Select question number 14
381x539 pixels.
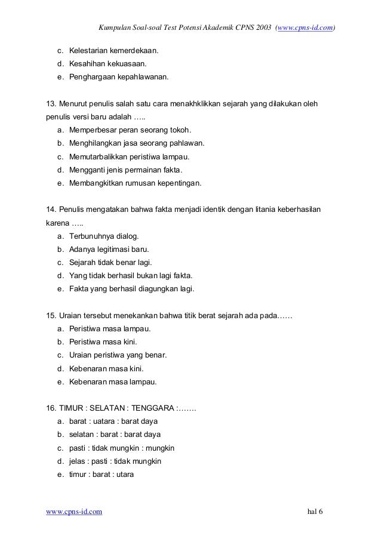click(x=52, y=210)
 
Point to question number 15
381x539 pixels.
click(x=52, y=316)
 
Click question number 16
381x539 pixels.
click(x=52, y=408)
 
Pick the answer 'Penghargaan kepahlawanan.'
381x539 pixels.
click(x=118, y=77)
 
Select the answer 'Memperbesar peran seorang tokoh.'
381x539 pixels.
click(x=130, y=131)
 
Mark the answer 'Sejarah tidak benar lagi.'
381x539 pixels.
click(x=110, y=262)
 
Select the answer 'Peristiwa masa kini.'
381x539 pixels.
click(x=103, y=342)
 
